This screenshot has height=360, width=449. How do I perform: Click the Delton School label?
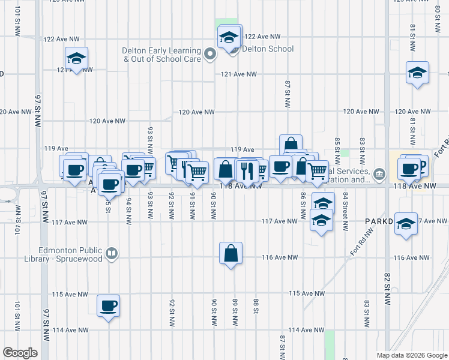[x=267, y=49]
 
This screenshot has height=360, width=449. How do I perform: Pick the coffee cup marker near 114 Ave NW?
[x=109, y=306]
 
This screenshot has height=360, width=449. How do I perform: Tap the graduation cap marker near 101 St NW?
[x=77, y=59]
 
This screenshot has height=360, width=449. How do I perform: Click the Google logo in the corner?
[x=20, y=353]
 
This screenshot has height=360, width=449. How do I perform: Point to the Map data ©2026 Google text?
[x=411, y=355]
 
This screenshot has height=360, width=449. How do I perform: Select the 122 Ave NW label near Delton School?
[x=263, y=36]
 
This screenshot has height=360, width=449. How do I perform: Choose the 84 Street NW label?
[x=346, y=211]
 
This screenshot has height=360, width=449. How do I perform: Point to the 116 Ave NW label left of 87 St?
[x=280, y=257]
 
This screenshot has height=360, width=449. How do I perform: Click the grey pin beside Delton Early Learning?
[x=210, y=55]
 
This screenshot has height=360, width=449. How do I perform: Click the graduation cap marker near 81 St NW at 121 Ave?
[x=417, y=73]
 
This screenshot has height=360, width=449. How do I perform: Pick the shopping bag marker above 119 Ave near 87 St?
[x=291, y=145]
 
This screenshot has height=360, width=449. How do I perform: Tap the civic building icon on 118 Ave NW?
[x=379, y=175]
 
